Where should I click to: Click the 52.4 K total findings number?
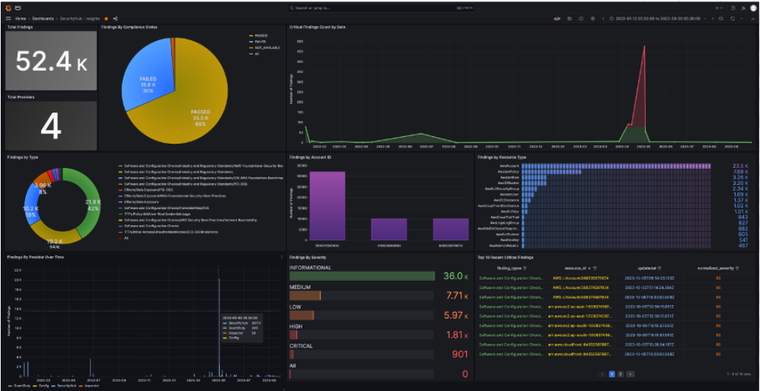[x=50, y=62]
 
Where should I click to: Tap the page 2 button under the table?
[x=620, y=374]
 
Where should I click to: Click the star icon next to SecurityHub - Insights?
[x=106, y=17]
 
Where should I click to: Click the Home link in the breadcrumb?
[x=20, y=17]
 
